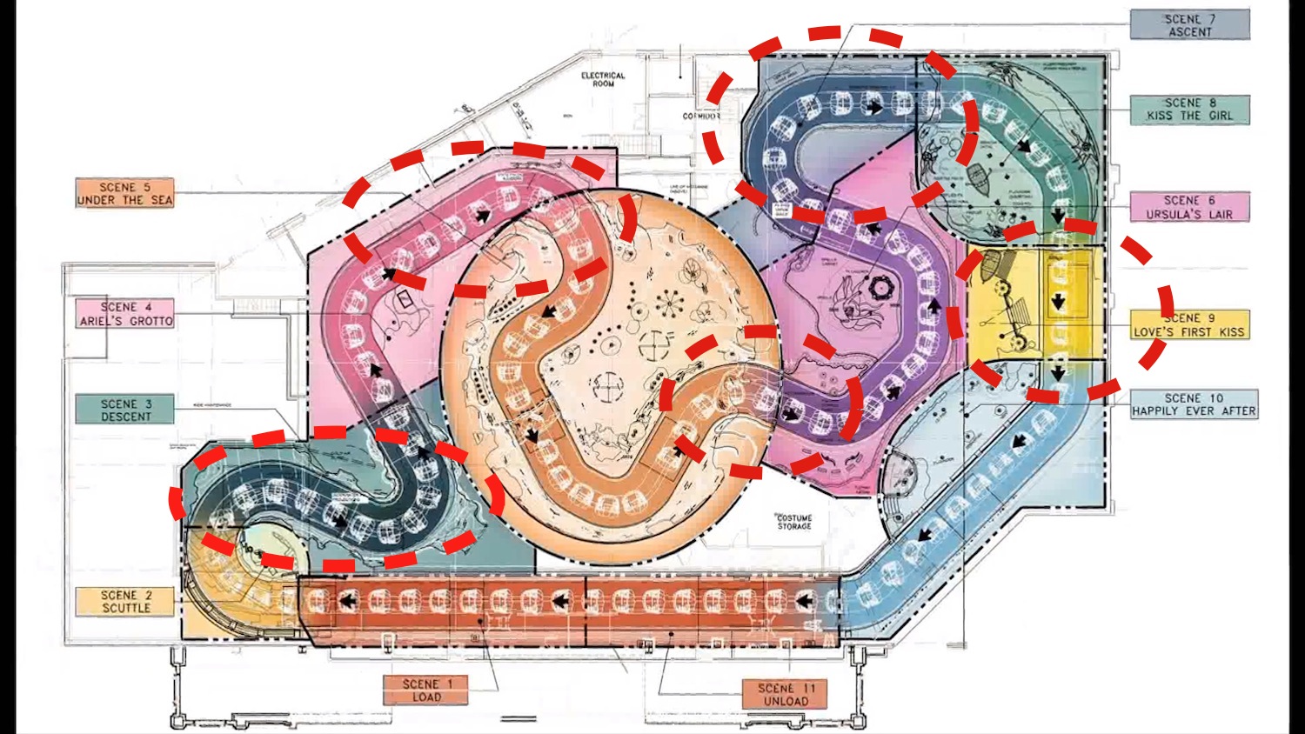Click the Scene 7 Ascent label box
1189,24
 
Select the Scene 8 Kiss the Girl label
1189,109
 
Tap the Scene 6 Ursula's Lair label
1189,207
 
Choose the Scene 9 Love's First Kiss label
1189,324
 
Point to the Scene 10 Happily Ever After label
1194,404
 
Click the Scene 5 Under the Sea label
124,193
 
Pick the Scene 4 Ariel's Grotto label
125,313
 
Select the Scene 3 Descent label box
125,410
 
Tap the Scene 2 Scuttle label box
125,601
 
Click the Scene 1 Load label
426,691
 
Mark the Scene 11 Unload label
785,694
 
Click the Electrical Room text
603,80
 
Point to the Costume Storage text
794,522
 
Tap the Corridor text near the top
700,116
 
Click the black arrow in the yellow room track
1058,302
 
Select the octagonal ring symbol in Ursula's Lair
880,287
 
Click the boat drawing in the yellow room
990,266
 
